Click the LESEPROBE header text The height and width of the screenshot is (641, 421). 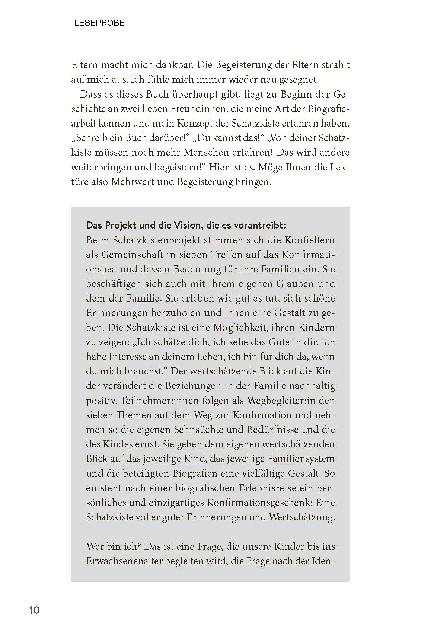pyautogui.click(x=99, y=23)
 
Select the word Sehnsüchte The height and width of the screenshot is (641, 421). pyautogui.click(x=198, y=430)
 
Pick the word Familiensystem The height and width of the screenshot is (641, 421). pyautogui.click(x=299, y=459)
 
